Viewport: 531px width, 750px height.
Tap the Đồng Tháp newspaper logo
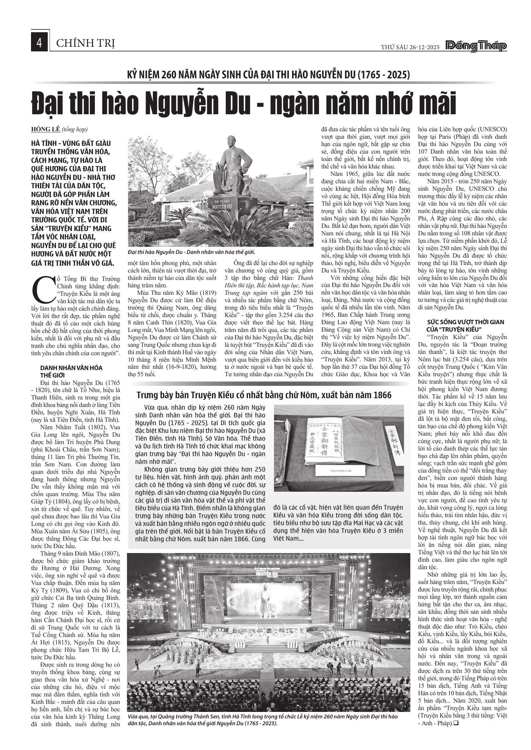click(476, 47)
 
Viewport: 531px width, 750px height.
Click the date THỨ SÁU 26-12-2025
click(410, 47)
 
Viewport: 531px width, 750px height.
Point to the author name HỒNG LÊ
click(46, 130)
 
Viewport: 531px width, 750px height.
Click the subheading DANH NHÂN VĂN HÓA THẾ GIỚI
click(71, 371)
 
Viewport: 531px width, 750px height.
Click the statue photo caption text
click(191, 252)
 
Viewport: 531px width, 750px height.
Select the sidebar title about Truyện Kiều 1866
click(264, 395)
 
